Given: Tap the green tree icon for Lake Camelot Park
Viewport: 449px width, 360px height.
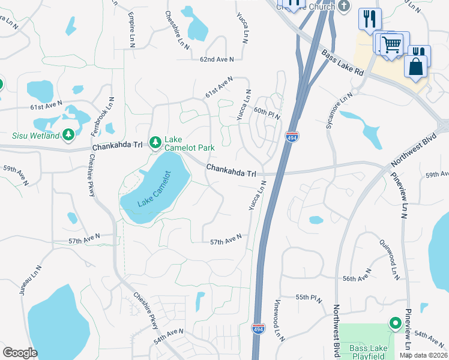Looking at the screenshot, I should pos(155,142).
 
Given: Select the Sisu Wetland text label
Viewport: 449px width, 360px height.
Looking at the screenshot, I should pos(35,136).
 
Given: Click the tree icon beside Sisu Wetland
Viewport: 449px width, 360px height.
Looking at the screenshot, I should pos(69,133).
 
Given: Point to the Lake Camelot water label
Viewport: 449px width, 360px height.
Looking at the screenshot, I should pos(154,190).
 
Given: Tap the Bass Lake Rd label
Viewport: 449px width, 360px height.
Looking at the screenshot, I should pos(343,62).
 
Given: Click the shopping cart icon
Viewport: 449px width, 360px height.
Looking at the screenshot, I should pos(391,44).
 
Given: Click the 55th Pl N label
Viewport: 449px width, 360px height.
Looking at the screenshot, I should pos(310,298).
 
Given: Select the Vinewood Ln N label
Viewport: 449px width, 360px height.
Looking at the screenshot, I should pos(279,319).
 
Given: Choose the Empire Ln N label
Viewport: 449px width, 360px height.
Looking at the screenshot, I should pos(131,28).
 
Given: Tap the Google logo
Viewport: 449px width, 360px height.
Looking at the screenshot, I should pos(20,353).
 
